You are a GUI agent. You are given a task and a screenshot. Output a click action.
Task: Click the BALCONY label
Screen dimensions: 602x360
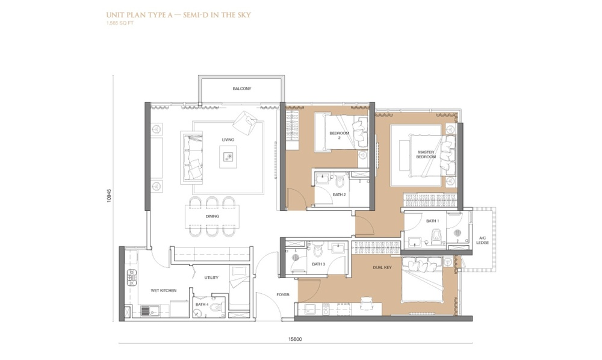tap(241, 88)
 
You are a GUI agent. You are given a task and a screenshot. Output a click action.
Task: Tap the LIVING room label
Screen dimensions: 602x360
tap(228, 140)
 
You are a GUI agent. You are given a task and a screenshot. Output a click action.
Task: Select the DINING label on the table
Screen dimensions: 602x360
tap(212, 217)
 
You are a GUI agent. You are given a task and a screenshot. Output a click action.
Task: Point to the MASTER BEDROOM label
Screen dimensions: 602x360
tap(426, 155)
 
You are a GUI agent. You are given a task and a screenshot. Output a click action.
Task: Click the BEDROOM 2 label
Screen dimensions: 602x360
tap(340, 135)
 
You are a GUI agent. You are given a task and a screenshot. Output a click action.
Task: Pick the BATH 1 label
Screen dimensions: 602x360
tap(432, 221)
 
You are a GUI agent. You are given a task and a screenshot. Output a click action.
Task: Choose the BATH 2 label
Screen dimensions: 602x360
tap(339, 194)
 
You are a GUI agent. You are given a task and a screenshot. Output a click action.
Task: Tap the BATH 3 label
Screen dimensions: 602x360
tap(318, 264)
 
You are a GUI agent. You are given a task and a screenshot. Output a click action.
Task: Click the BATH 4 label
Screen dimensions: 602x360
tap(202, 305)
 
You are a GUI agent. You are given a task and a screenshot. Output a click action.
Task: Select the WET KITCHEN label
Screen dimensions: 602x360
tap(164, 291)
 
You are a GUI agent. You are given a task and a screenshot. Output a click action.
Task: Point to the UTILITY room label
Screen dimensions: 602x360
tap(211, 278)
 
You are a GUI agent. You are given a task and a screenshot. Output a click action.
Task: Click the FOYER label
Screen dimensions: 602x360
tap(282, 295)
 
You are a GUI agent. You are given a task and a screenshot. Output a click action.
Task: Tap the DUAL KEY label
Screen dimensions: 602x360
tap(382, 267)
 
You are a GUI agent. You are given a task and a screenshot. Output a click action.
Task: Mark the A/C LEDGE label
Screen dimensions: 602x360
tap(483, 240)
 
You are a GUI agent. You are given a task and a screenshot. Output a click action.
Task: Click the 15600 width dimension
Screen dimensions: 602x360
tap(295, 340)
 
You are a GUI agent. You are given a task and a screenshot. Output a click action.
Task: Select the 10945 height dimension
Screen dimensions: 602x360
tap(109, 196)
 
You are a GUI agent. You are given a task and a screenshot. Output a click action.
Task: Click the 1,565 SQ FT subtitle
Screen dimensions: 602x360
tap(120, 23)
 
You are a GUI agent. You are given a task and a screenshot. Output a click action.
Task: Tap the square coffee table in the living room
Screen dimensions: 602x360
tap(228, 157)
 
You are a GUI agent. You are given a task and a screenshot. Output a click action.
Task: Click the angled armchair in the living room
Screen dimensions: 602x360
tap(244, 122)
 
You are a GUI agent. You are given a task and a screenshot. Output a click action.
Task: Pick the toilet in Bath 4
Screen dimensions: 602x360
tap(217, 307)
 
